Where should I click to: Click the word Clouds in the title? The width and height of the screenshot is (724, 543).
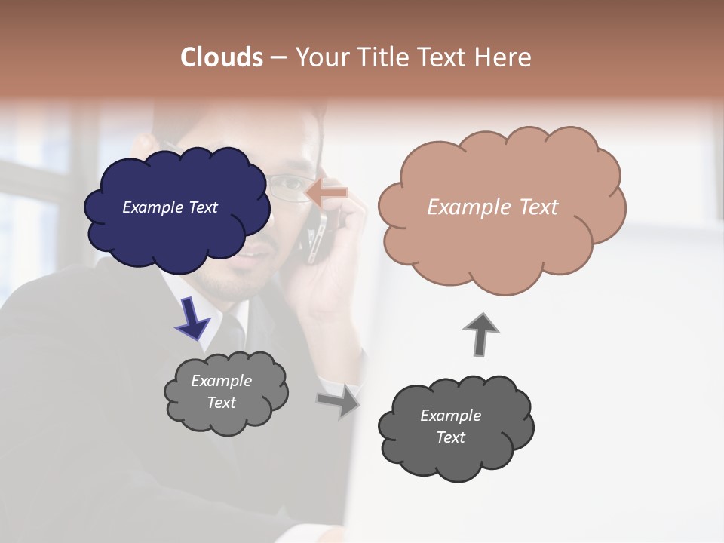coord(222,57)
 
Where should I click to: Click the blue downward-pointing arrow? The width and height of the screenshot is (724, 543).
coord(193,318)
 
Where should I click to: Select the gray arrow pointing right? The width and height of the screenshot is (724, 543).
coord(339,400)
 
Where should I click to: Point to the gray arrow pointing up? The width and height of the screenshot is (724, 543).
coord(481,334)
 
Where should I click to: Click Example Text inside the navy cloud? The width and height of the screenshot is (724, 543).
coord(170,207)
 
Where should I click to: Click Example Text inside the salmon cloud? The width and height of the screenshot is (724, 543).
coord(492,207)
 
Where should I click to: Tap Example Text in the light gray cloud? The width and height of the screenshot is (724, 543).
coord(221,391)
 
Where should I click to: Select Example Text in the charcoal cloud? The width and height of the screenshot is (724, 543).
coord(450,426)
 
